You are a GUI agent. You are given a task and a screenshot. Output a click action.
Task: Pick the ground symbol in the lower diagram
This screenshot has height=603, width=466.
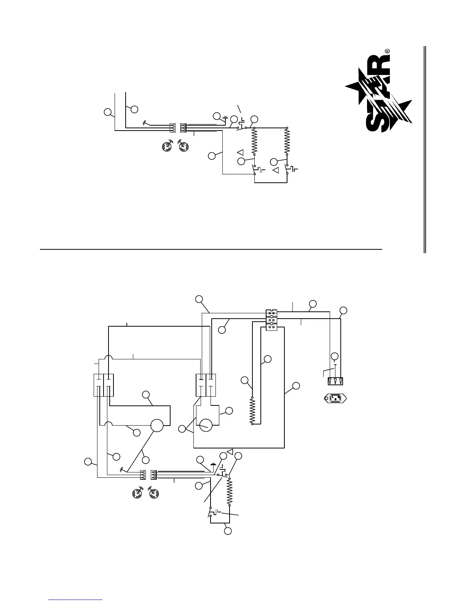[x=214, y=465]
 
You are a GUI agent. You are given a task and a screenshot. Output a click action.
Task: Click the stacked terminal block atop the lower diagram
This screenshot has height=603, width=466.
[x=271, y=320]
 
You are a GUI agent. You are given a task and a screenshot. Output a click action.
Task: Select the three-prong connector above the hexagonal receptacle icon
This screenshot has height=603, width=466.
[x=335, y=381]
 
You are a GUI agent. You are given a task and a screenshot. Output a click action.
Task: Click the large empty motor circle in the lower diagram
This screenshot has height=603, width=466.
[x=157, y=426]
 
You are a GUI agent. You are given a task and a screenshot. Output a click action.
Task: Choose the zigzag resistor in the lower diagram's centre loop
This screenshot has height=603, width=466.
[x=252, y=411]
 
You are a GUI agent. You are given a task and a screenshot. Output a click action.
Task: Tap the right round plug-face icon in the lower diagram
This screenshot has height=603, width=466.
[x=153, y=494]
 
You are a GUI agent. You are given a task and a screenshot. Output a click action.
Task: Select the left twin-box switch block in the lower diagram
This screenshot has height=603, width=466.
[x=104, y=385]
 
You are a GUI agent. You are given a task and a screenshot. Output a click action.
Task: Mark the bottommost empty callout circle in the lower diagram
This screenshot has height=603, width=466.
[x=228, y=531]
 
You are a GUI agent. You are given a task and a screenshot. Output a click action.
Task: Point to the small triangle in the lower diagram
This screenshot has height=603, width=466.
[x=230, y=451]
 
